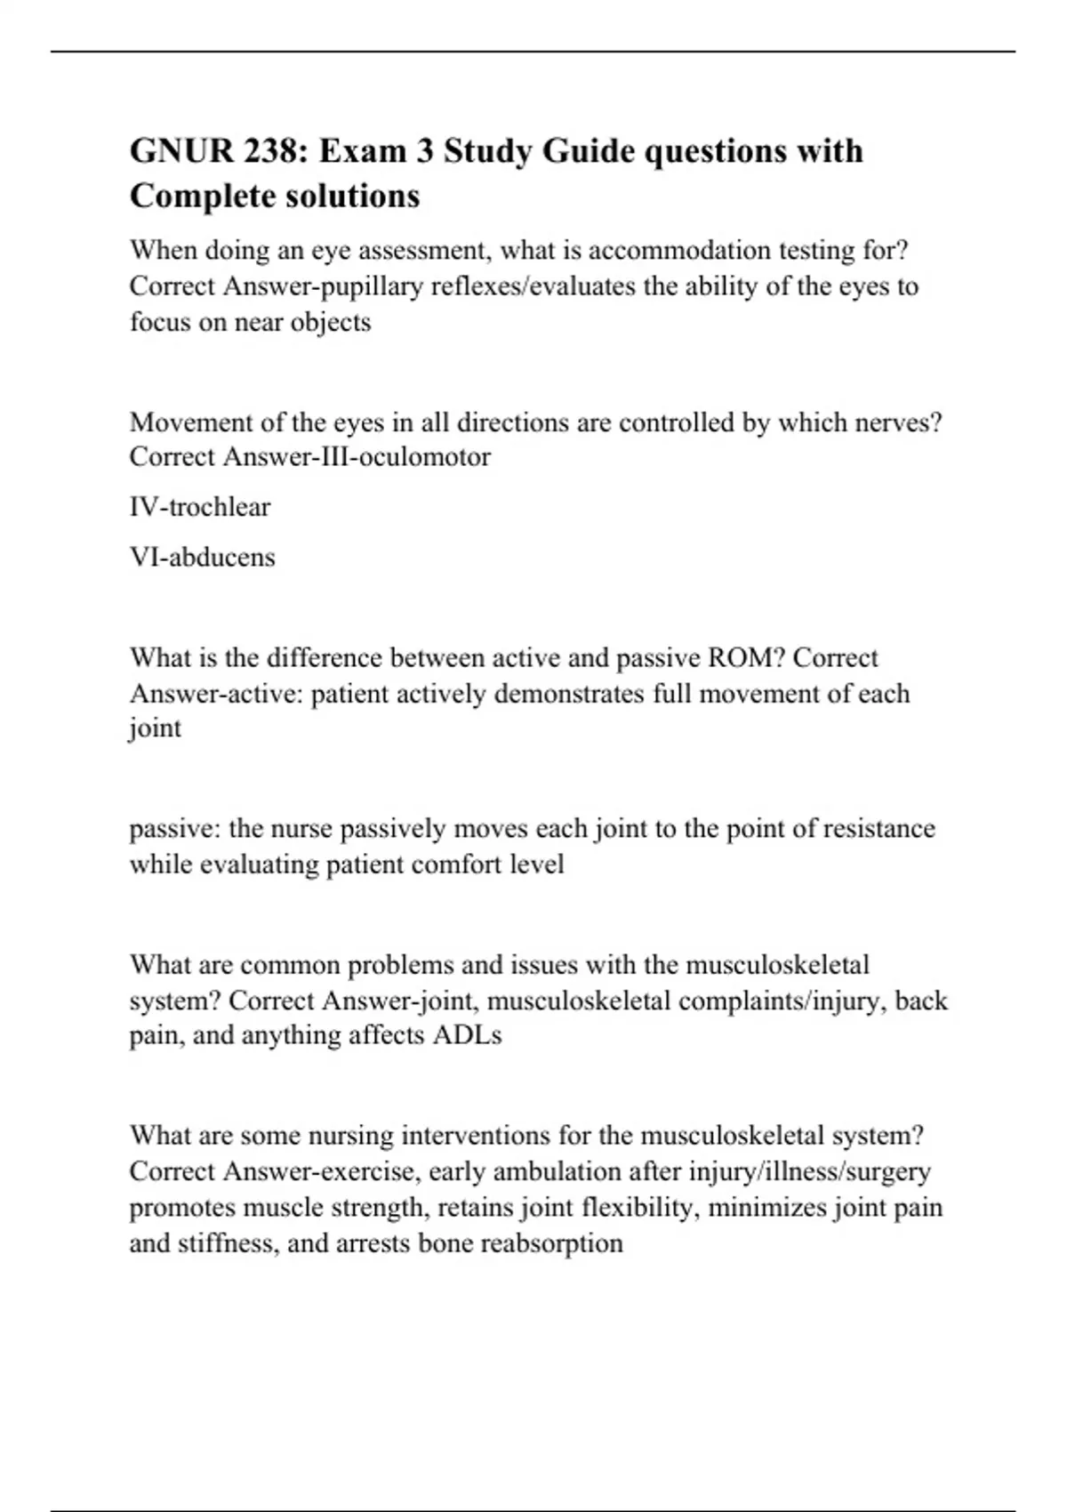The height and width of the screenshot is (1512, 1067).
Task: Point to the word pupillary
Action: [x=390, y=286]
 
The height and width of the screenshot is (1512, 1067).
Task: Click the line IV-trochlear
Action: [x=200, y=507]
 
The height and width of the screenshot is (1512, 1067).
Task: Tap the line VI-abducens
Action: [x=203, y=558]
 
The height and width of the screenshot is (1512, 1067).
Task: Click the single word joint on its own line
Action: [x=156, y=728]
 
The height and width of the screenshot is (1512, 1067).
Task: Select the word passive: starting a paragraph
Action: [x=175, y=829]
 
